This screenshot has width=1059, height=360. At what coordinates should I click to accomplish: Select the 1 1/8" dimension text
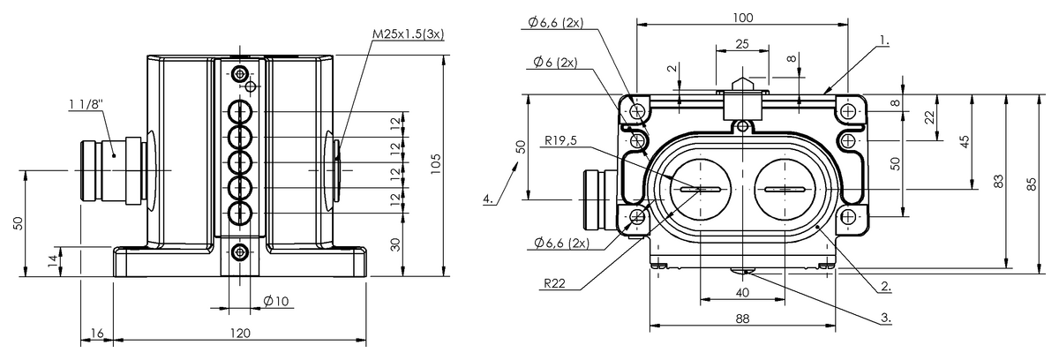pos(86,105)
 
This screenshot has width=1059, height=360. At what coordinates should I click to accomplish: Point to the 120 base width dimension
pos(239,333)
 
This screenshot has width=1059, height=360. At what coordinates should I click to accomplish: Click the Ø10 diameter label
pos(276,302)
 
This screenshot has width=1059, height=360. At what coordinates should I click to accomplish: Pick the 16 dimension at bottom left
pos(97,333)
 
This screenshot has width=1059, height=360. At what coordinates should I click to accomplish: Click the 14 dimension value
pos(52,259)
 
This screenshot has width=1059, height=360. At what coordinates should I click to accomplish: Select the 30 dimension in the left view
pos(396,244)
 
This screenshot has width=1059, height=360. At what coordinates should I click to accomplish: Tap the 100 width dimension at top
pos(742,17)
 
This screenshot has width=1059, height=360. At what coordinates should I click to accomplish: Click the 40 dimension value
pos(742,293)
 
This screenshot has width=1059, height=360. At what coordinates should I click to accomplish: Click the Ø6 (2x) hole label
pos(555,63)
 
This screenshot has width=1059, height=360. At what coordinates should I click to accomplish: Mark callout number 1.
pos(884,41)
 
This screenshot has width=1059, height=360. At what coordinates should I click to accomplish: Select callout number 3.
pos(884,315)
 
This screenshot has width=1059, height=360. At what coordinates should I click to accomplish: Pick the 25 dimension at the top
pos(742,43)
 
